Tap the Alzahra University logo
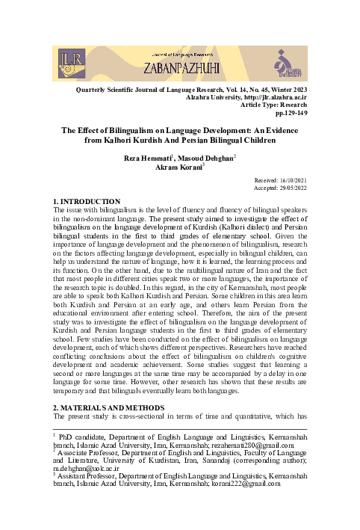pyautogui.click(x=290, y=61)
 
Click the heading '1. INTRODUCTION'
pyautogui.click(x=87, y=203)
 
